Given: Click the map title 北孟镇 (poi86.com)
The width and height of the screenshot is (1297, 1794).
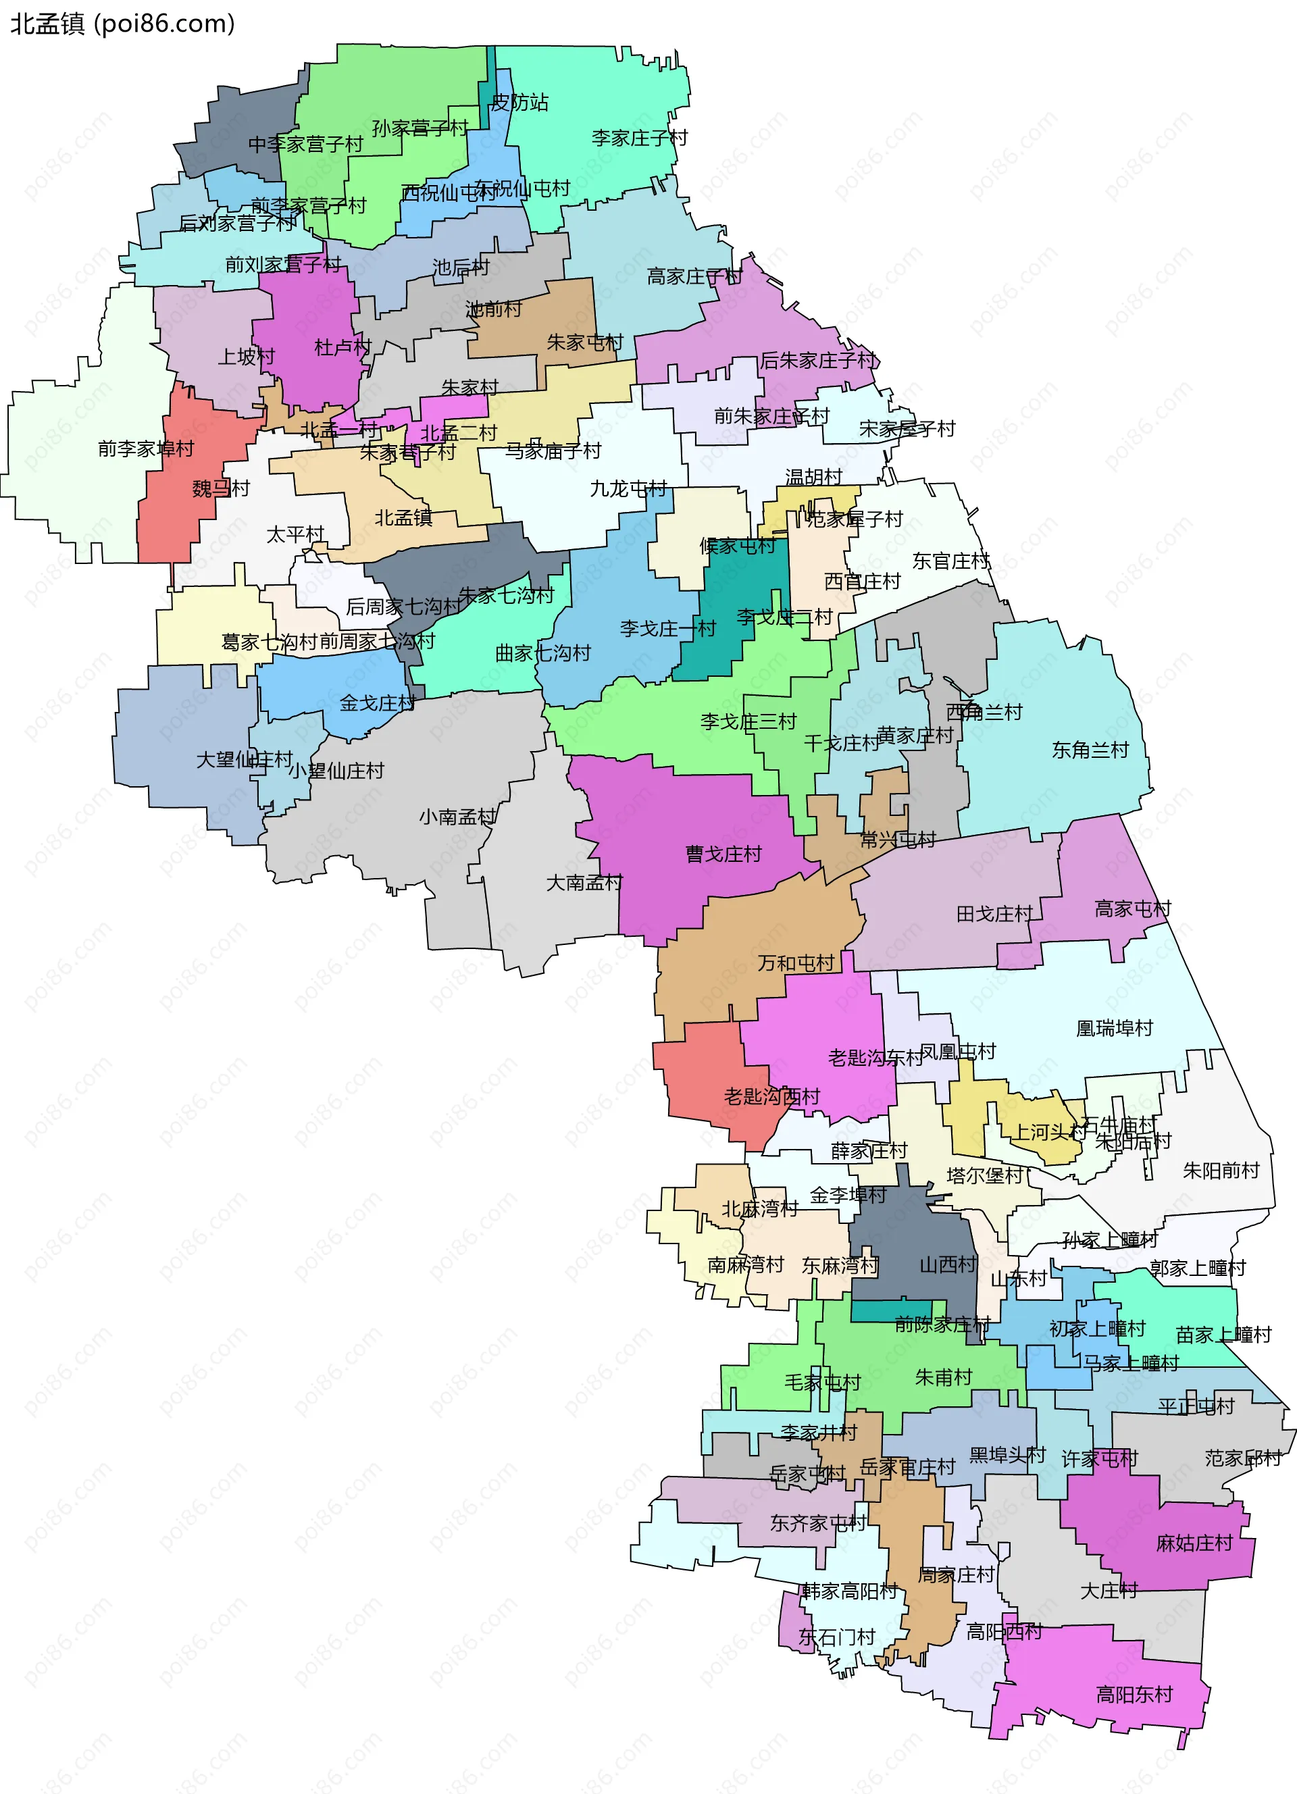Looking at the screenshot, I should [122, 24].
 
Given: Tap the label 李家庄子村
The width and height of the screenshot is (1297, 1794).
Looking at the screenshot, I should [639, 138].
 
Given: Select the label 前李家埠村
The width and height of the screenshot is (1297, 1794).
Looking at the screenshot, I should [147, 449].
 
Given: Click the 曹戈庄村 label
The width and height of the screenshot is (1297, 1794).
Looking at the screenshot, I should [723, 854].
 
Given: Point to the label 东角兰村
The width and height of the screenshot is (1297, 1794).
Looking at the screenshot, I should [1090, 750].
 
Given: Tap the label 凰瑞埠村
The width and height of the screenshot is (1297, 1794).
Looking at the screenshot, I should [1115, 1028].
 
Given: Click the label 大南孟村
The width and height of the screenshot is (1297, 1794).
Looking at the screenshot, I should [584, 883].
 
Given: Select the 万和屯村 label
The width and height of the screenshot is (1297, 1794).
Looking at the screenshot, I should [796, 963].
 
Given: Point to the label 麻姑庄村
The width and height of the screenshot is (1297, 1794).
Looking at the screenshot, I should [1194, 1543].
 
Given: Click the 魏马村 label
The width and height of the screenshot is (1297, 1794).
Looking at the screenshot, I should [221, 489].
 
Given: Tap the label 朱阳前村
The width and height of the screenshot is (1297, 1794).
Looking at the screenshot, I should [1220, 1171].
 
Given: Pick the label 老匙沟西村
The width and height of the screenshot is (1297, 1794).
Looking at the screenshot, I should [772, 1096].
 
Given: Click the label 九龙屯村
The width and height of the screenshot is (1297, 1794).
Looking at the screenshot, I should [628, 489].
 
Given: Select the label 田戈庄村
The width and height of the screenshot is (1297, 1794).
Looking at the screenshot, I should [994, 915].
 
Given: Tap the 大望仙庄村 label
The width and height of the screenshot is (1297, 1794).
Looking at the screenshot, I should [245, 759].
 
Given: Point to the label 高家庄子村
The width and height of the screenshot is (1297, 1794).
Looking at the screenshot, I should [694, 277].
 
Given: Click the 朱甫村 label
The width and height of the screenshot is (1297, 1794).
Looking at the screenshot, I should [943, 1378].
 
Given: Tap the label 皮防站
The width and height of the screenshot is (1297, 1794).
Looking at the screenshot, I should [519, 103].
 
